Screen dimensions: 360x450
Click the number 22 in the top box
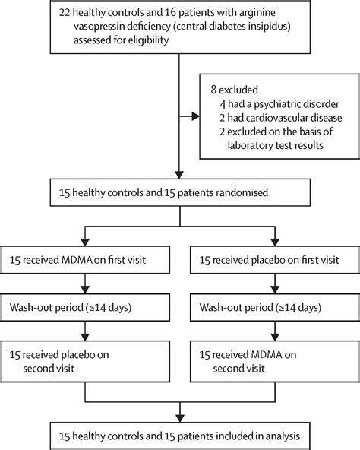point(65,13)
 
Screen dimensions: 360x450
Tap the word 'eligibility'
point(148,40)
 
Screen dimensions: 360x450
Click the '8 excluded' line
point(235,90)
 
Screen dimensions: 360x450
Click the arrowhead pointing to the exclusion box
point(196,116)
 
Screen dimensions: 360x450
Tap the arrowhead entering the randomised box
point(179,175)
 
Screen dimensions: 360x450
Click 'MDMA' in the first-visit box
point(77,260)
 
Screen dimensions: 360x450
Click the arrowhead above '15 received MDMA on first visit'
point(85,242)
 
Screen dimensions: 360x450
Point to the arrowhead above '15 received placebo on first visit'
point(275,242)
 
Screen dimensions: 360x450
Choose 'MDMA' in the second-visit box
point(267,355)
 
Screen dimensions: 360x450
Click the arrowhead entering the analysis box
point(180,418)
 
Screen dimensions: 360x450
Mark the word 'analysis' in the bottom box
point(283,436)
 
